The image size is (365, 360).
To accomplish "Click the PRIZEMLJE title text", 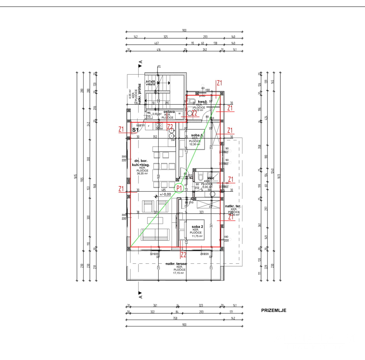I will tap(273, 311).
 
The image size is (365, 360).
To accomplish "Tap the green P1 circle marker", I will tap(179, 188).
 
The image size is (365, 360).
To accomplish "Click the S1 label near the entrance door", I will tap(135, 129).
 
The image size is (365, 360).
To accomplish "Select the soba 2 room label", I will tap(197, 227).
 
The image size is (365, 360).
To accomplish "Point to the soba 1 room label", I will tap(197, 135).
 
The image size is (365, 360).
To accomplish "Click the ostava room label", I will tap(169, 112).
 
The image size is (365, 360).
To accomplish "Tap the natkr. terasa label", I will tap(176, 264).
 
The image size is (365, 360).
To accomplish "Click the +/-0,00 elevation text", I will tap(165, 194).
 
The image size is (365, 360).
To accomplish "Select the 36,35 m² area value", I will tap(142, 173).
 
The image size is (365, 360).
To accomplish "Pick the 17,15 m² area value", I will tap(179, 273).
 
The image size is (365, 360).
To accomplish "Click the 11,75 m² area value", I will tap(197, 236).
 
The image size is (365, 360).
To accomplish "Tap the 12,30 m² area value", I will tap(195, 144).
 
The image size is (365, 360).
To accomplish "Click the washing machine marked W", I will tap(180, 114).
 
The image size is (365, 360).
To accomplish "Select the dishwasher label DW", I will tap(173, 140).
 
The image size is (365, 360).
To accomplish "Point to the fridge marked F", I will tap(149, 126).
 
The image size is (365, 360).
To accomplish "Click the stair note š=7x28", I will tap(151, 81).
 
